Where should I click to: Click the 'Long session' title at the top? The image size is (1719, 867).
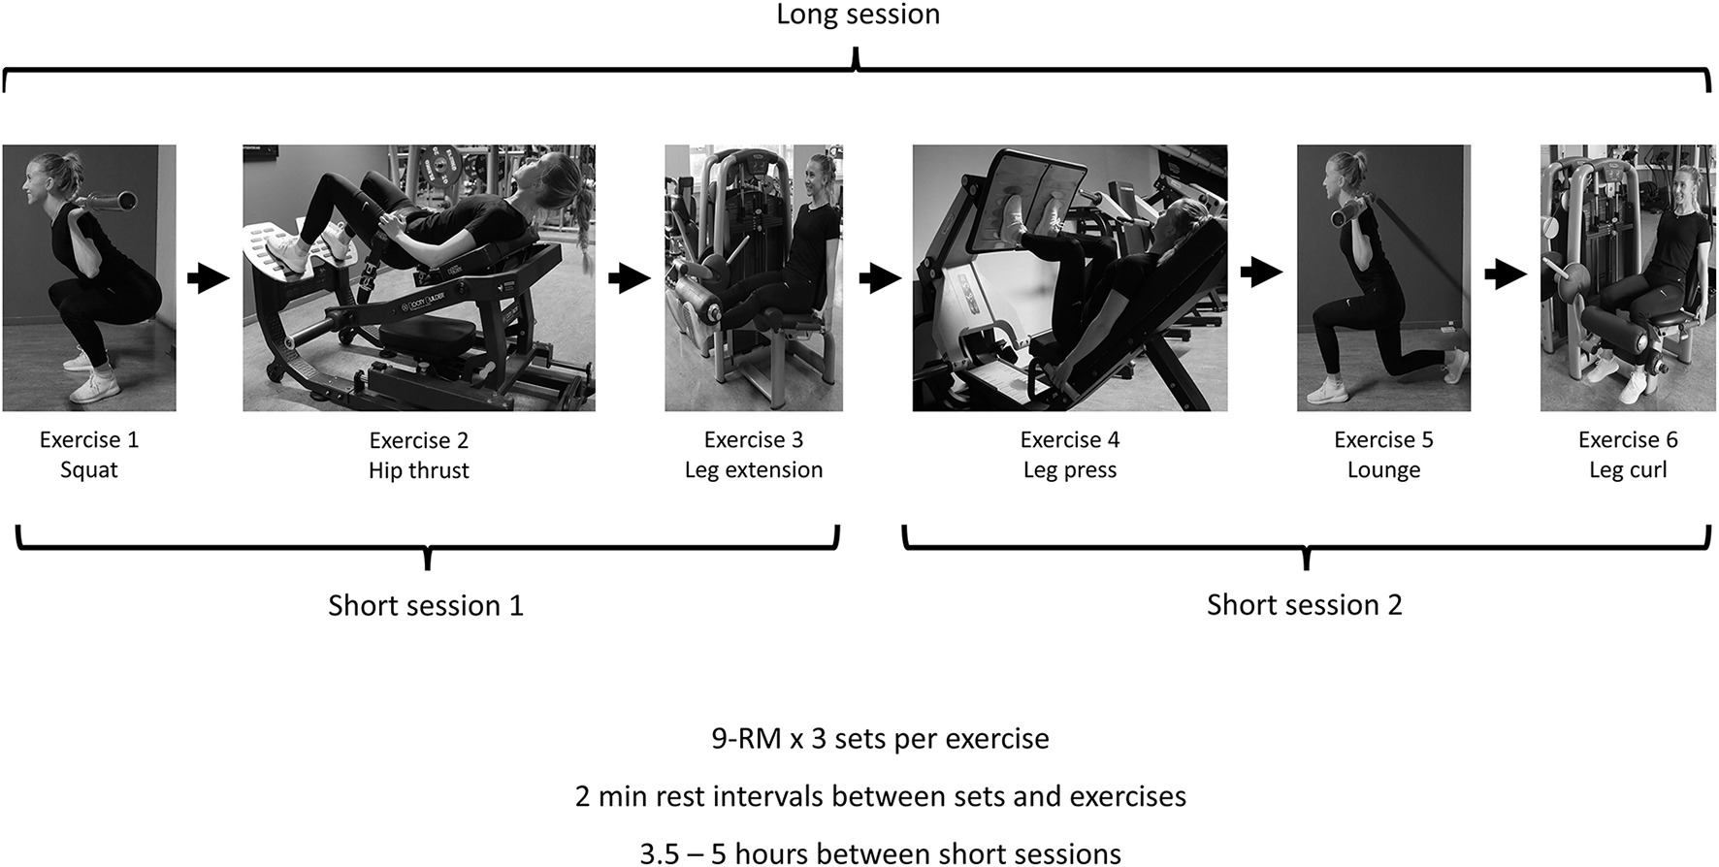[x=858, y=15]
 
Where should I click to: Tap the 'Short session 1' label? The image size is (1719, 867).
[x=426, y=605]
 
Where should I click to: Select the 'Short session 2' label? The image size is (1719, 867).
[x=1304, y=605]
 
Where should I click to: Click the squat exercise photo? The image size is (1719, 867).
[x=89, y=277]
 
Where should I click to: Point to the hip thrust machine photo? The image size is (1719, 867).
[x=419, y=277]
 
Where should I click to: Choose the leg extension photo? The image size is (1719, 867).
[x=754, y=277]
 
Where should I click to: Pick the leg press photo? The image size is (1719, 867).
[x=1069, y=277]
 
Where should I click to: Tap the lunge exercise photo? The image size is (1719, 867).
[x=1383, y=277]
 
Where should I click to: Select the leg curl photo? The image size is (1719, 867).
[x=1628, y=277]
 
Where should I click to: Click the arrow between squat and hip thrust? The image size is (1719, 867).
[x=208, y=278]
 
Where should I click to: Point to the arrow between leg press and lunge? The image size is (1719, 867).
[x=1261, y=272]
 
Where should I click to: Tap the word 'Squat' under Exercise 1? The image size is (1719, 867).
[x=89, y=470]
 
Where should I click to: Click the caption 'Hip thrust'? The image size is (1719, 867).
[x=419, y=471]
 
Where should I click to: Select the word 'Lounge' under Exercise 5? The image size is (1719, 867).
[x=1383, y=470]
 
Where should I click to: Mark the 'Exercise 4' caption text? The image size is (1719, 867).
[x=1069, y=440]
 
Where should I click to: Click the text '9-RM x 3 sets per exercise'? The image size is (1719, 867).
[x=880, y=739]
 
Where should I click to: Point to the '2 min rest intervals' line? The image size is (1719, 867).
[x=880, y=797]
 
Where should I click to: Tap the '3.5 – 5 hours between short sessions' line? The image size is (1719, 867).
[x=880, y=853]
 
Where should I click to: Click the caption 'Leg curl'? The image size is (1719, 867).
[x=1628, y=470]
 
